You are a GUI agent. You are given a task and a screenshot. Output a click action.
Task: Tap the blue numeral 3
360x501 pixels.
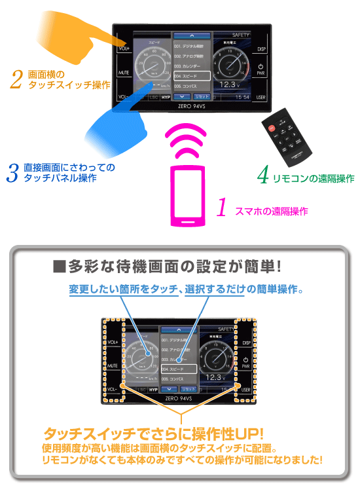(x=12, y=172)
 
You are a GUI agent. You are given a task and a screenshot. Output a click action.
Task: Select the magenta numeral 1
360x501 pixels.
(x=222, y=208)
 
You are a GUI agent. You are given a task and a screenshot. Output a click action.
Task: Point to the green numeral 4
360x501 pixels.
(x=263, y=175)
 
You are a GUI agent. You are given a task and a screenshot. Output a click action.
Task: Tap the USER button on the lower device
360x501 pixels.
(x=245, y=390)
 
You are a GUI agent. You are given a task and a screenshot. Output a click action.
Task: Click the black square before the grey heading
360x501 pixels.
(x=58, y=267)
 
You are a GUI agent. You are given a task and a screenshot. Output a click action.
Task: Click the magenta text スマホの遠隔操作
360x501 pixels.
(x=271, y=211)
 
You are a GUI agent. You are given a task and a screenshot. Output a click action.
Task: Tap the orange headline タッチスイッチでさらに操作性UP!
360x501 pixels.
(x=153, y=433)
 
